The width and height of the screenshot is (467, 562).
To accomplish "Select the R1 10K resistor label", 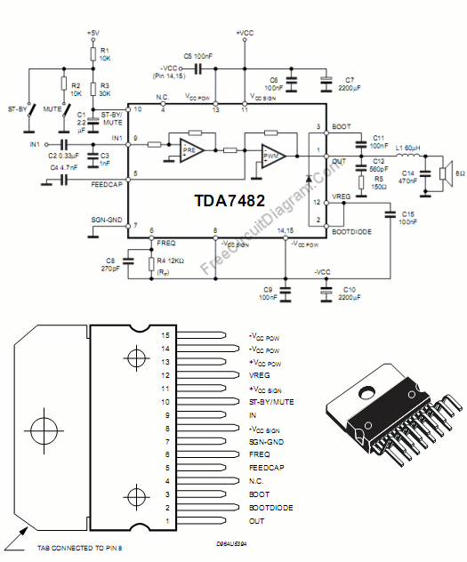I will pos(104,53).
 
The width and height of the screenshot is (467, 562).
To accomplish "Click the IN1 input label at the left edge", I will pos(34,143).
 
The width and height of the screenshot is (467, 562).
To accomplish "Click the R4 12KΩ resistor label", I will pos(171,261).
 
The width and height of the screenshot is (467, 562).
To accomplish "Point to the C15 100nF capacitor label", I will pos(408,218).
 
